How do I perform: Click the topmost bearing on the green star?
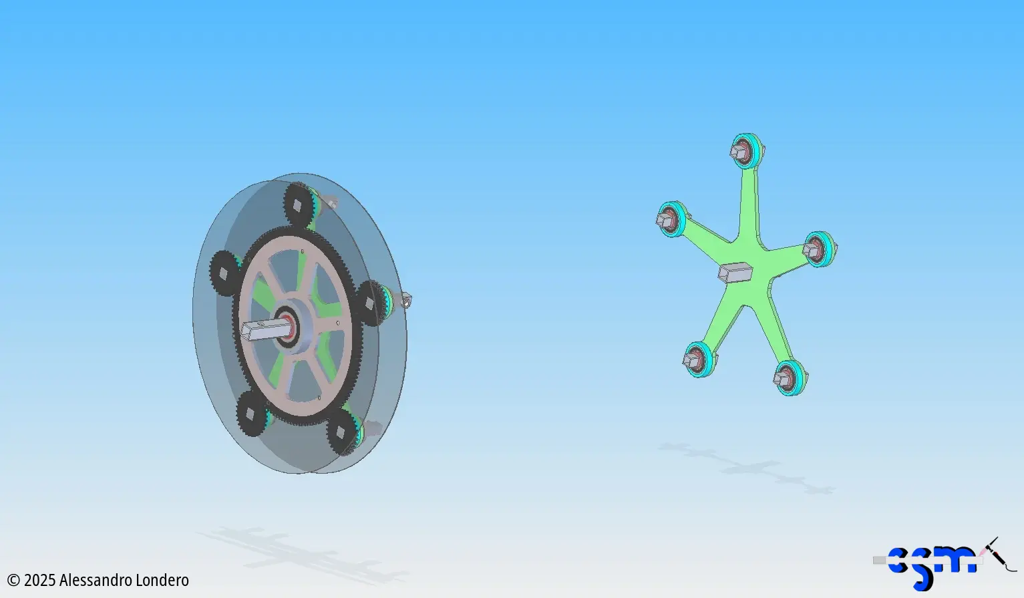tap(747, 151)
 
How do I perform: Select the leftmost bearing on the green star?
tap(673, 219)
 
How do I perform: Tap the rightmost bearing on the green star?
tap(820, 249)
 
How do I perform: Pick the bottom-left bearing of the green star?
tap(699, 359)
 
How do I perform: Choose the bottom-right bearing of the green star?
tap(790, 378)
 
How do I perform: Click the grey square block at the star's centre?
tap(735, 273)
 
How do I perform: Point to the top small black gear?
tap(300, 204)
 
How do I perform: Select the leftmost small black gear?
tap(225, 273)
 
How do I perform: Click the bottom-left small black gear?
tap(251, 414)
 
